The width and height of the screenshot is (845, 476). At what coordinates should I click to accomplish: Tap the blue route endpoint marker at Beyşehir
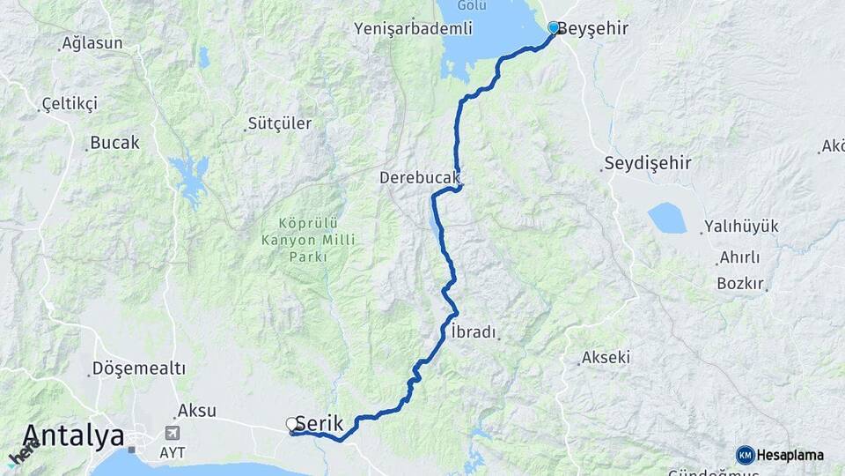point(554,28)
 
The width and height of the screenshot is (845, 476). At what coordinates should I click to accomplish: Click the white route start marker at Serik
point(292,425)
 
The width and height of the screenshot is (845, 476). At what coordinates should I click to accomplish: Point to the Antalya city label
point(74,435)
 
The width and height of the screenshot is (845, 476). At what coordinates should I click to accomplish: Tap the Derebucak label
point(420,178)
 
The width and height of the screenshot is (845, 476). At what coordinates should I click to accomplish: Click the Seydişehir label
point(648,164)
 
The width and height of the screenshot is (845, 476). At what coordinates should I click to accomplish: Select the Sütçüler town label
point(280,124)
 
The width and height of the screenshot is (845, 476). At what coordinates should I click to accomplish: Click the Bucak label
point(114,143)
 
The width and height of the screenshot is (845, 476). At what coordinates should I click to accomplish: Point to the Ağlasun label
point(92,43)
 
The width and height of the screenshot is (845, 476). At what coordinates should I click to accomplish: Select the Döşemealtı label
point(140,368)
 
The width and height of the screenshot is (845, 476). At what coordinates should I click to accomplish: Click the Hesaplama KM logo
point(782,455)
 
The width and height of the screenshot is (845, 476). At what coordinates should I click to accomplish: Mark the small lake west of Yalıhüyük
point(666,218)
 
